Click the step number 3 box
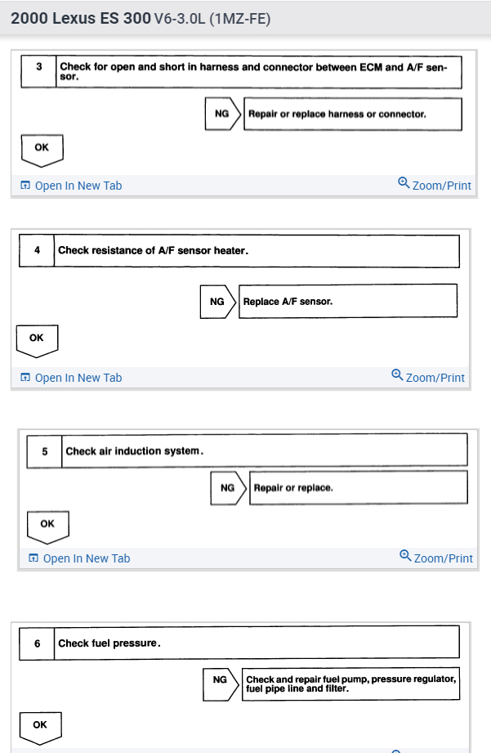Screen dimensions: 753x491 pyautogui.click(x=39, y=72)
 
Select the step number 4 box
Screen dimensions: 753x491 pyautogui.click(x=37, y=250)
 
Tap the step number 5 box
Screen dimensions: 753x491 pyautogui.click(x=44, y=450)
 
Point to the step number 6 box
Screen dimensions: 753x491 pyautogui.click(x=38, y=643)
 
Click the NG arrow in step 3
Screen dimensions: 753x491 pyautogui.click(x=224, y=114)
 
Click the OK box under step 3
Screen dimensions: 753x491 pyautogui.click(x=42, y=149)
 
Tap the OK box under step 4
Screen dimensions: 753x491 pyautogui.click(x=37, y=338)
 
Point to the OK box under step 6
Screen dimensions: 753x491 pyautogui.click(x=40, y=725)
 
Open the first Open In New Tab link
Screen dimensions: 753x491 pyautogui.click(x=71, y=186)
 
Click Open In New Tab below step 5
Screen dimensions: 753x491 pyautogui.click(x=79, y=558)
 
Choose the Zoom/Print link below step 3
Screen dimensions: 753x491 pyautogui.click(x=435, y=185)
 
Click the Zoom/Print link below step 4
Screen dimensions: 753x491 pyautogui.click(x=428, y=377)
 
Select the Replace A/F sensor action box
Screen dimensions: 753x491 pyautogui.click(x=347, y=302)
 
